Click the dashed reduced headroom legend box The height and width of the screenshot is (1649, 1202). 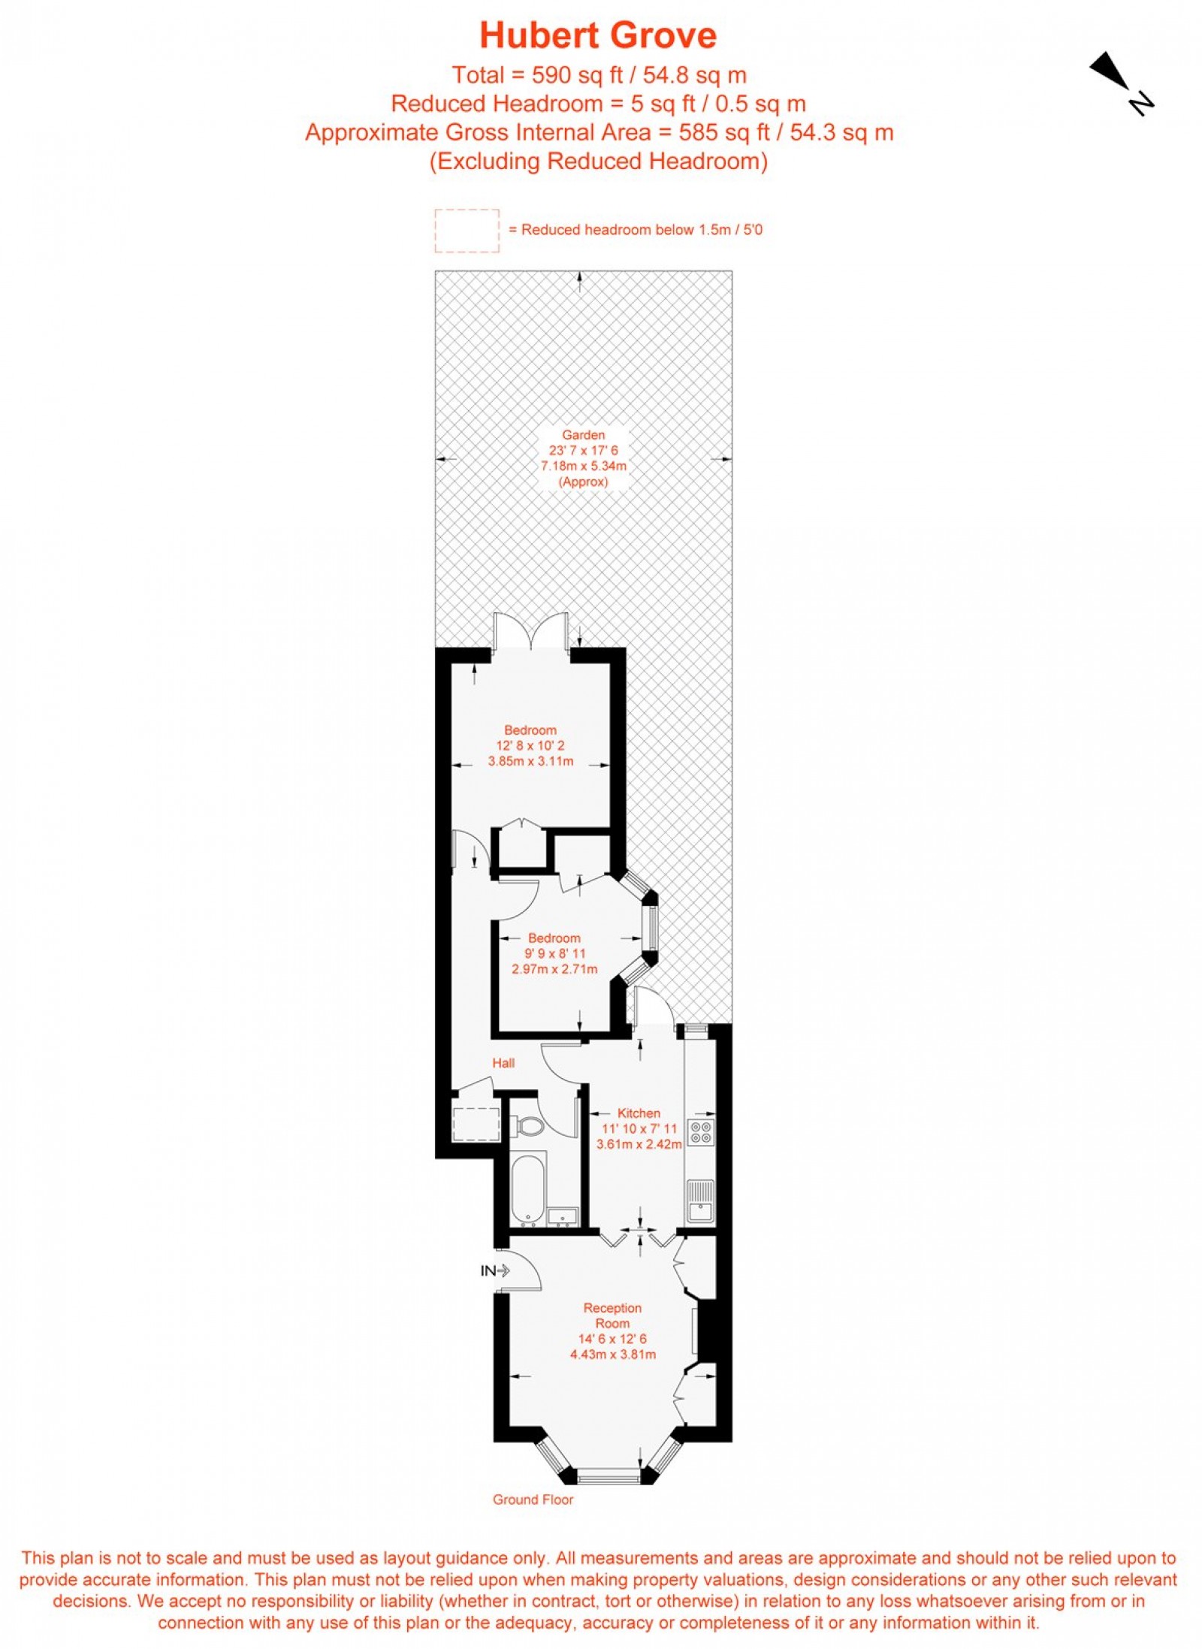click(x=467, y=231)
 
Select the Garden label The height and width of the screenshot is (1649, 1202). click(x=583, y=435)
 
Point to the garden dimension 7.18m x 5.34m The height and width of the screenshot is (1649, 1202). click(x=583, y=466)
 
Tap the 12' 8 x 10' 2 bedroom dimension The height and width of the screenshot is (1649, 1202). click(x=530, y=746)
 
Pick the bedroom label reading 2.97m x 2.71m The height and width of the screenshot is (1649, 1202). click(x=554, y=969)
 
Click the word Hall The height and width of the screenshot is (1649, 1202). click(x=503, y=1063)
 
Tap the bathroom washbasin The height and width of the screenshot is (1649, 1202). click(x=563, y=1216)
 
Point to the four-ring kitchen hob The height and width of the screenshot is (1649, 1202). click(x=701, y=1132)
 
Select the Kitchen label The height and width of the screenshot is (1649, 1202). click(x=639, y=1113)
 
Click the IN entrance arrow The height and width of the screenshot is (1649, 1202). click(x=495, y=1270)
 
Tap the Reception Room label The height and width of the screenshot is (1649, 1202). click(x=612, y=1315)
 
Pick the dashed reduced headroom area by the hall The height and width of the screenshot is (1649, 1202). click(x=476, y=1124)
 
